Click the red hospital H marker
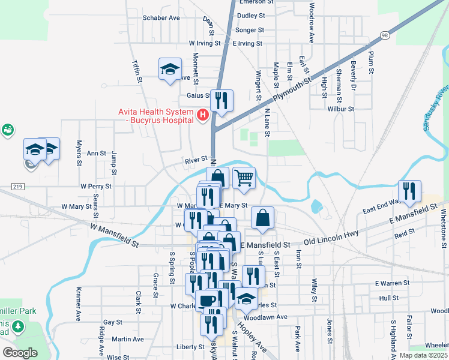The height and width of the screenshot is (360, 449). coord(203,114)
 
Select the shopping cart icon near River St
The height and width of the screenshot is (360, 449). coord(244,178)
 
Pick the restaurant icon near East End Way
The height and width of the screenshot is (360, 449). coord(409,191)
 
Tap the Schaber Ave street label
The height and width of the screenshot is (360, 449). coord(161,17)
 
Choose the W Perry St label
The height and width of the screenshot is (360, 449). coord(96,186)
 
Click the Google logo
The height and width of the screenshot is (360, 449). coord(20,352)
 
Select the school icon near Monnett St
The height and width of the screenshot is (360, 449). coord(170,69)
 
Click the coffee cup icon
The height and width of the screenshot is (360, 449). coord(208,300)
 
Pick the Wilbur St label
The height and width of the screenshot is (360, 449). coord(343,109)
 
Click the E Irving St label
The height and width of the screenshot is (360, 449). coord(243,43)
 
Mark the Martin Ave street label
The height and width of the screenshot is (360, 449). coord(127,339)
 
